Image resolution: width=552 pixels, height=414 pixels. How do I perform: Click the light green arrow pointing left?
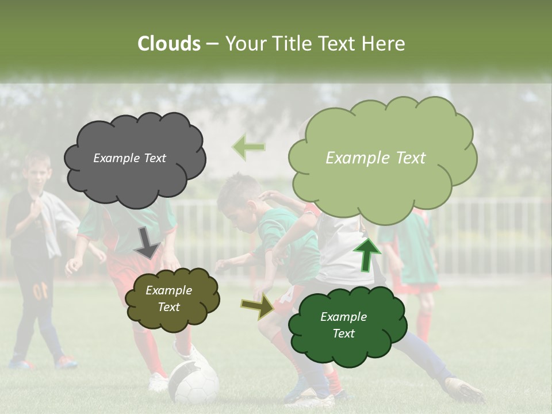(x=248, y=147)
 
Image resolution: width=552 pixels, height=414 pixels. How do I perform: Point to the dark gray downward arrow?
(x=147, y=243)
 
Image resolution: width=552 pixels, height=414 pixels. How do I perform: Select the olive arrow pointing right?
(x=258, y=307)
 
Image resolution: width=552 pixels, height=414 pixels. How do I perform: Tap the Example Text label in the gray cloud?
(x=129, y=158)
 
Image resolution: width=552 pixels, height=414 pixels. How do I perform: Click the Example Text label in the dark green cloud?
(x=343, y=325)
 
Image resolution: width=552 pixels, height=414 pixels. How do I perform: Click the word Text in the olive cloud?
(x=169, y=307)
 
